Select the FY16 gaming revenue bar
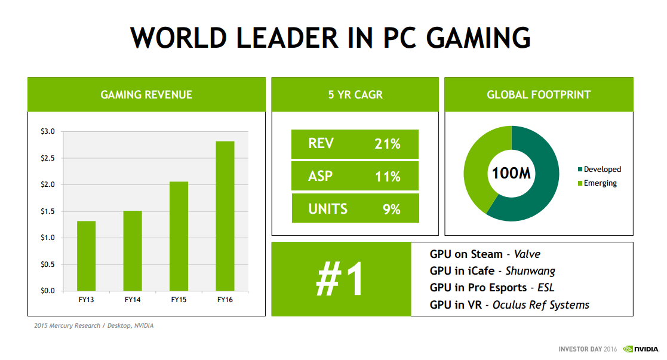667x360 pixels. pyautogui.click(x=225, y=216)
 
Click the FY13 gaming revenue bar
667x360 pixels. pyautogui.click(x=86, y=256)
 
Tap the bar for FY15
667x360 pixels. pyautogui.click(x=179, y=236)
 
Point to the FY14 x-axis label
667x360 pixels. pyautogui.click(x=133, y=299)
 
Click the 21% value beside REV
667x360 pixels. pyautogui.click(x=386, y=144)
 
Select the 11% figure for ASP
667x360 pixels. pyautogui.click(x=386, y=177)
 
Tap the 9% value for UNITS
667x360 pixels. pyautogui.click(x=391, y=210)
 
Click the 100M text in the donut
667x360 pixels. pyautogui.click(x=512, y=174)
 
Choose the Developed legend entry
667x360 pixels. pyautogui.click(x=602, y=170)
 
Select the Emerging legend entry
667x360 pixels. pyautogui.click(x=600, y=183)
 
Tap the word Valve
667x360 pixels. pyautogui.click(x=527, y=254)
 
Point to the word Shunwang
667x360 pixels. pyautogui.click(x=530, y=271)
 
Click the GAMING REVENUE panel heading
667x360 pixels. pyautogui.click(x=146, y=94)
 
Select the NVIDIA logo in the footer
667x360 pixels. pyautogui.click(x=641, y=349)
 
